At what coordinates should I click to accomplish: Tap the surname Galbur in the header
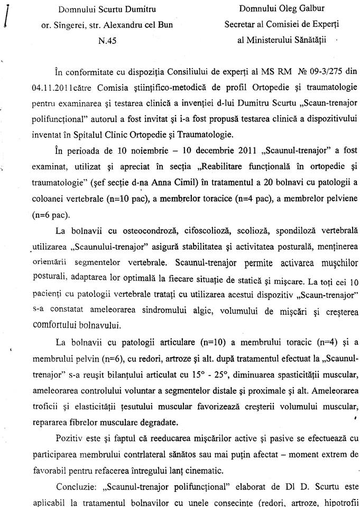point(307,9)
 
